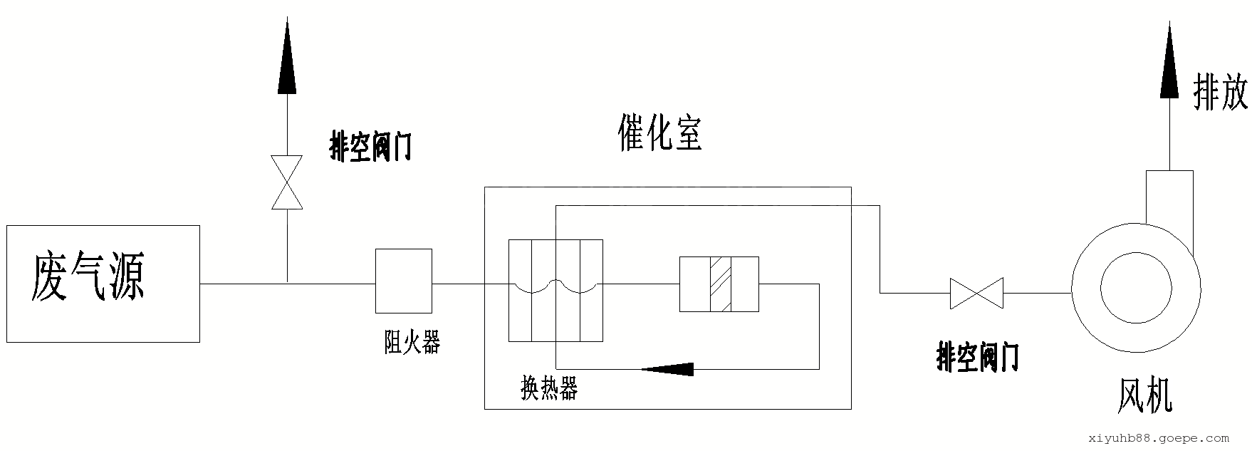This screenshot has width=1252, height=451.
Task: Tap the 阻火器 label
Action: [x=412, y=343]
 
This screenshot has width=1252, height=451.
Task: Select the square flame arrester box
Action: [x=404, y=281]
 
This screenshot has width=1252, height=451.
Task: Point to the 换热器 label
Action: [x=549, y=389]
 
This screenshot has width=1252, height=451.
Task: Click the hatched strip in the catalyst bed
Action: [x=720, y=284]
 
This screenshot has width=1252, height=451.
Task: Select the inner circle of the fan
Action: [x=1136, y=288]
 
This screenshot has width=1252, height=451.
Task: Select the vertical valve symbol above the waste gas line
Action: [x=287, y=182]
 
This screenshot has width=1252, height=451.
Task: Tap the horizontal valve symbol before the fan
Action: [x=976, y=293]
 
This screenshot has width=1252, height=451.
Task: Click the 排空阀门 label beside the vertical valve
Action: [x=371, y=147]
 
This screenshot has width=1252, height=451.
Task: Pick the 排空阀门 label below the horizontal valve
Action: [x=977, y=357]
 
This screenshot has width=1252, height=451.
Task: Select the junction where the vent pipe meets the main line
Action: [x=287, y=284]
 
